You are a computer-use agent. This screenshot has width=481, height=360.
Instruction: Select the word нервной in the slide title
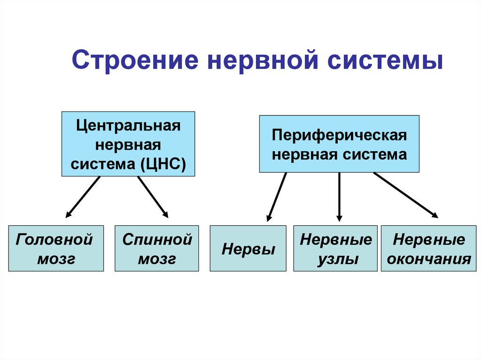click(254, 62)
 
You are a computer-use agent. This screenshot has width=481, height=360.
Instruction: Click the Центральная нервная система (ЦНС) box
click(128, 144)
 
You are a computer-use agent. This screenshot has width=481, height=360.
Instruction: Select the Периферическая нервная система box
click(339, 144)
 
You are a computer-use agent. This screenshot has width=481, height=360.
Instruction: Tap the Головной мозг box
click(56, 248)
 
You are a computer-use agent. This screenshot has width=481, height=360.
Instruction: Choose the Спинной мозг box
click(157, 248)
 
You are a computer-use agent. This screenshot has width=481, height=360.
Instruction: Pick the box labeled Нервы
click(248, 248)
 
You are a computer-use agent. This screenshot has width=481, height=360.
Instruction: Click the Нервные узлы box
click(335, 248)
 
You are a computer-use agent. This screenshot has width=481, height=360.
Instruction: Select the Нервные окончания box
click(426, 248)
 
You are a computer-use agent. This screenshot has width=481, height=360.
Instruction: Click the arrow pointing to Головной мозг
click(83, 197)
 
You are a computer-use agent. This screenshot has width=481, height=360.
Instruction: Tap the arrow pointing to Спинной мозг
click(153, 197)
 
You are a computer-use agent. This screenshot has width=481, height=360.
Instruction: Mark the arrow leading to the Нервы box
click(277, 196)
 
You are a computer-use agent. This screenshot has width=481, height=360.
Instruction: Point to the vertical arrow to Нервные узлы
click(339, 196)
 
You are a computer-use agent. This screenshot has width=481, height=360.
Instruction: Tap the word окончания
click(426, 259)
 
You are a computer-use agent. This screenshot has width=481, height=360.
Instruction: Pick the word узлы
click(335, 259)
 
